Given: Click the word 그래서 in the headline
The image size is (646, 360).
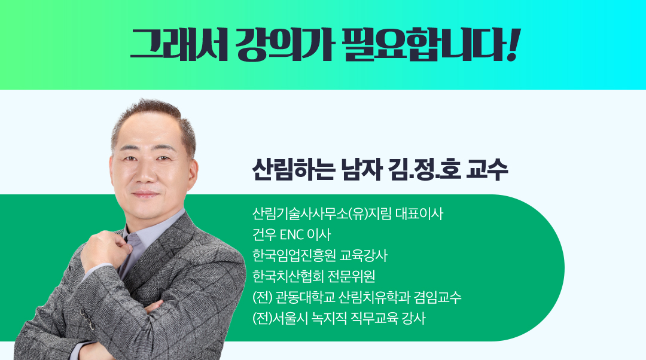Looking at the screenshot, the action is (x=179, y=44).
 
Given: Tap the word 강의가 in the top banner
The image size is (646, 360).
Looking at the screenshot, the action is (x=284, y=44).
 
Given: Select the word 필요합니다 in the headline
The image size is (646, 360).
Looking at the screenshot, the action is (x=424, y=44).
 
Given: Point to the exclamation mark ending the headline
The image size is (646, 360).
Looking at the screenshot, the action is (x=514, y=44).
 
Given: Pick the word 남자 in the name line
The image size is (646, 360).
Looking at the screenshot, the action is (x=362, y=169).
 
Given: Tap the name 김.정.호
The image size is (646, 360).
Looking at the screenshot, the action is (x=425, y=169).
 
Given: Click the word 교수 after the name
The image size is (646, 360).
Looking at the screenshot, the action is (x=487, y=169).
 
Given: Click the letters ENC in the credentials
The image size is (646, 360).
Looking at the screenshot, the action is (x=292, y=235).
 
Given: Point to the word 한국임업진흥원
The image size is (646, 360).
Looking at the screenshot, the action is (x=294, y=256).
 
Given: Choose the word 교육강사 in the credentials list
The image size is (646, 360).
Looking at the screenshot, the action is (x=364, y=256).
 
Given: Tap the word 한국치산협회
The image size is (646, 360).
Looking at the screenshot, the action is (x=288, y=276).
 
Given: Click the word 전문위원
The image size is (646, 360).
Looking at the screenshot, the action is (x=352, y=276).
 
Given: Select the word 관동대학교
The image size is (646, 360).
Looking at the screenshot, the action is (x=305, y=297).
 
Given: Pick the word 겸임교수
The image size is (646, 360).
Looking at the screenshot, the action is (x=437, y=297).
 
